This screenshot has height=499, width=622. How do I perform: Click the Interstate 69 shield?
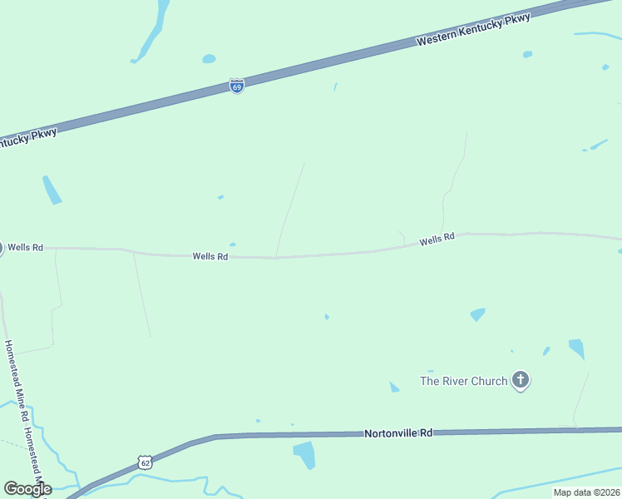(237, 86)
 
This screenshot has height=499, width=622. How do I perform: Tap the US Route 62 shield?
(146, 462)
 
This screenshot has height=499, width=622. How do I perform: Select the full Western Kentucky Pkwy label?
(473, 29)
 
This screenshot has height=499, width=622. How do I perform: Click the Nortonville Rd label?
(399, 433)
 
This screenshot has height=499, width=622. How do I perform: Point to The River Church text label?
(463, 381)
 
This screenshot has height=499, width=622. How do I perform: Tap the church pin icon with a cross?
(521, 381)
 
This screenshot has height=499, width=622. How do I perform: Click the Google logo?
(27, 489)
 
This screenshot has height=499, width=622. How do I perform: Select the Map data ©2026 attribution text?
(586, 492)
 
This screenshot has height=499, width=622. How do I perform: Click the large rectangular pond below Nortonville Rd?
(304, 455)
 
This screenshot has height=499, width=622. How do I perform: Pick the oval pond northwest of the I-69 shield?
(209, 59)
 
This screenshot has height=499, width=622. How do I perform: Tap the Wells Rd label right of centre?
(437, 239)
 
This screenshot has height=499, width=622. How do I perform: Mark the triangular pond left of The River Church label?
(393, 387)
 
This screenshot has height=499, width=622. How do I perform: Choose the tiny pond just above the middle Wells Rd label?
(232, 245)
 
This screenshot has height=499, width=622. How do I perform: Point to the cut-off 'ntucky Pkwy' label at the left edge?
(27, 138)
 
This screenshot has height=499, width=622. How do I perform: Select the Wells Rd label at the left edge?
(25, 248)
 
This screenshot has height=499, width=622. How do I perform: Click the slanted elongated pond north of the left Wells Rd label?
(52, 190)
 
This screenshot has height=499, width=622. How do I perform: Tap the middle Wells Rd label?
(210, 257)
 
